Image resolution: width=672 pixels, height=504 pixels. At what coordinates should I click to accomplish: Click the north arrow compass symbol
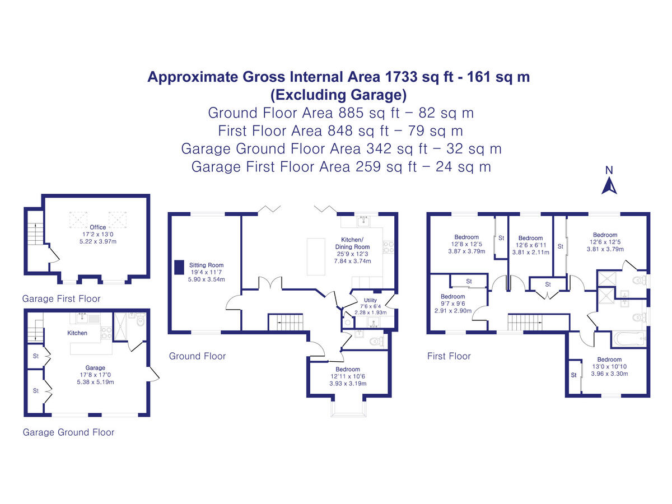tap(609, 181)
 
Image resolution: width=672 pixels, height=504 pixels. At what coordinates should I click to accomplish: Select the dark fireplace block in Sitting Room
tap(179, 267)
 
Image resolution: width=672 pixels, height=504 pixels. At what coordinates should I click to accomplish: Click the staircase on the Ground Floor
tap(286, 322)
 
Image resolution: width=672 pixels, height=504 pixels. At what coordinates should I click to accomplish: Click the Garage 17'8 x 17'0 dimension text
tap(95, 375)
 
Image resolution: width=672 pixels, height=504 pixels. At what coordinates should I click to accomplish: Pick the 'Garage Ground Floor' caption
tap(68, 432)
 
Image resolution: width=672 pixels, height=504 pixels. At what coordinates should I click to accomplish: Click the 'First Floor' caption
tap(449, 356)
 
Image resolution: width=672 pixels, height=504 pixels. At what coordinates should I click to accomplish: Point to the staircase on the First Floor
tap(526, 322)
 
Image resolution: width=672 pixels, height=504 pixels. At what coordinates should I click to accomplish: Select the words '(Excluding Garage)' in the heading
tap(338, 94)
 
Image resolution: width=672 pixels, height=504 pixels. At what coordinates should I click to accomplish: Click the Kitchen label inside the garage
tap(77, 333)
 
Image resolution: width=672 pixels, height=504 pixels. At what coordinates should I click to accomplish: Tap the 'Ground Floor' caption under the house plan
tap(197, 356)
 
